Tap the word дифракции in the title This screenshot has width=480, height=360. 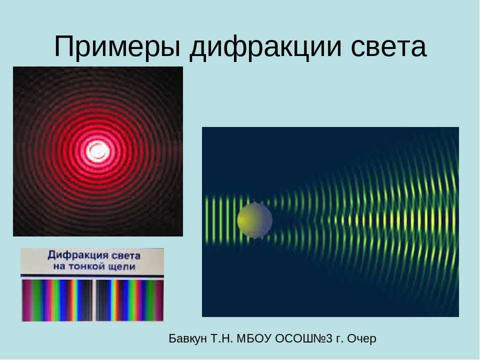[x=265, y=47]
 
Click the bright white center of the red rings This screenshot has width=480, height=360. [x=97, y=150]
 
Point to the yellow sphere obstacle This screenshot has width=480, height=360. [x=254, y=220]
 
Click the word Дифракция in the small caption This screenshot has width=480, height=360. [x=78, y=255]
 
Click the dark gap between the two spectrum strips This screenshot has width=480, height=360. [x=94, y=300]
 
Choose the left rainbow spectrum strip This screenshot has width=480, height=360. [x=57, y=300]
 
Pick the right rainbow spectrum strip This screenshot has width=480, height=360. [x=130, y=300]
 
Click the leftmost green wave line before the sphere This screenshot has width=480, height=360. [x=206, y=220]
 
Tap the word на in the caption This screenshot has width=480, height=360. [x=59, y=267]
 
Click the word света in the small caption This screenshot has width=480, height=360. [x=126, y=255]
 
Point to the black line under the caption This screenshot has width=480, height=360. [x=92, y=276]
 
